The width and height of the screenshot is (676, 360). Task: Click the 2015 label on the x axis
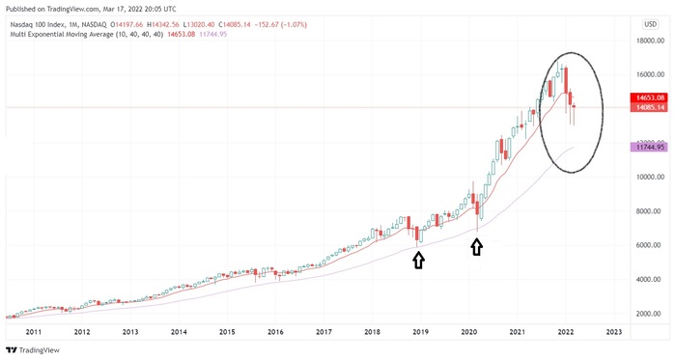[x=227, y=332]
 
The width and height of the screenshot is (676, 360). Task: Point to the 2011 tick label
[x=34, y=332]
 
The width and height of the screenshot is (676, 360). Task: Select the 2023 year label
[x=613, y=332]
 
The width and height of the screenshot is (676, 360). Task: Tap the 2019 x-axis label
[x=420, y=332]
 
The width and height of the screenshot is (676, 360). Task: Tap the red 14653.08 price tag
[x=647, y=97]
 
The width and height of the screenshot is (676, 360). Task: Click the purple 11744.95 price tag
[x=647, y=147]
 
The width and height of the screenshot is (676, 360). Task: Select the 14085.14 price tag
[x=647, y=107]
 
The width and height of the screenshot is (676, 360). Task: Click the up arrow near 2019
[x=418, y=260]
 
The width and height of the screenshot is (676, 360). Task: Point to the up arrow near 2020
[x=476, y=247]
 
